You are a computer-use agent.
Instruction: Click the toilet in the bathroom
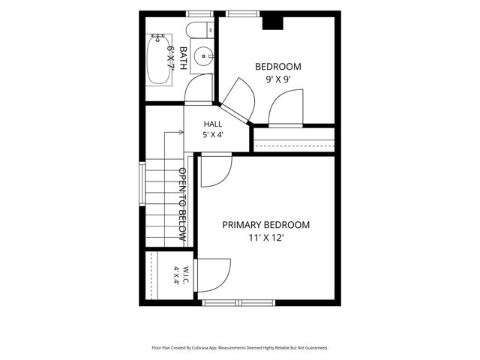pos(199,30)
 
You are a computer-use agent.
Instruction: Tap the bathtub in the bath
pos(158,59)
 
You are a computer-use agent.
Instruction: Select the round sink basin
pos(203,56)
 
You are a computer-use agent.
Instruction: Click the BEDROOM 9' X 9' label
pos(278,73)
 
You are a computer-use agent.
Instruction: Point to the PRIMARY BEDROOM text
pos(265,225)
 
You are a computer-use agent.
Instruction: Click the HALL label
pos(213,124)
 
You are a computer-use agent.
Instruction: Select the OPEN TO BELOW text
pos(182,204)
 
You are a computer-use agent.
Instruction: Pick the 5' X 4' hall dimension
pos(213,135)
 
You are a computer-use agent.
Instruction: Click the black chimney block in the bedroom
pos(273,23)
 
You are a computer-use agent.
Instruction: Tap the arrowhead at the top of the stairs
pos(181,132)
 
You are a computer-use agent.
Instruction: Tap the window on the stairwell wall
pos(142,184)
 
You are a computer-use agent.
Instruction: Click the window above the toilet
pos(199,13)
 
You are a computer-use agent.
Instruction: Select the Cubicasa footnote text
pos(240,348)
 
